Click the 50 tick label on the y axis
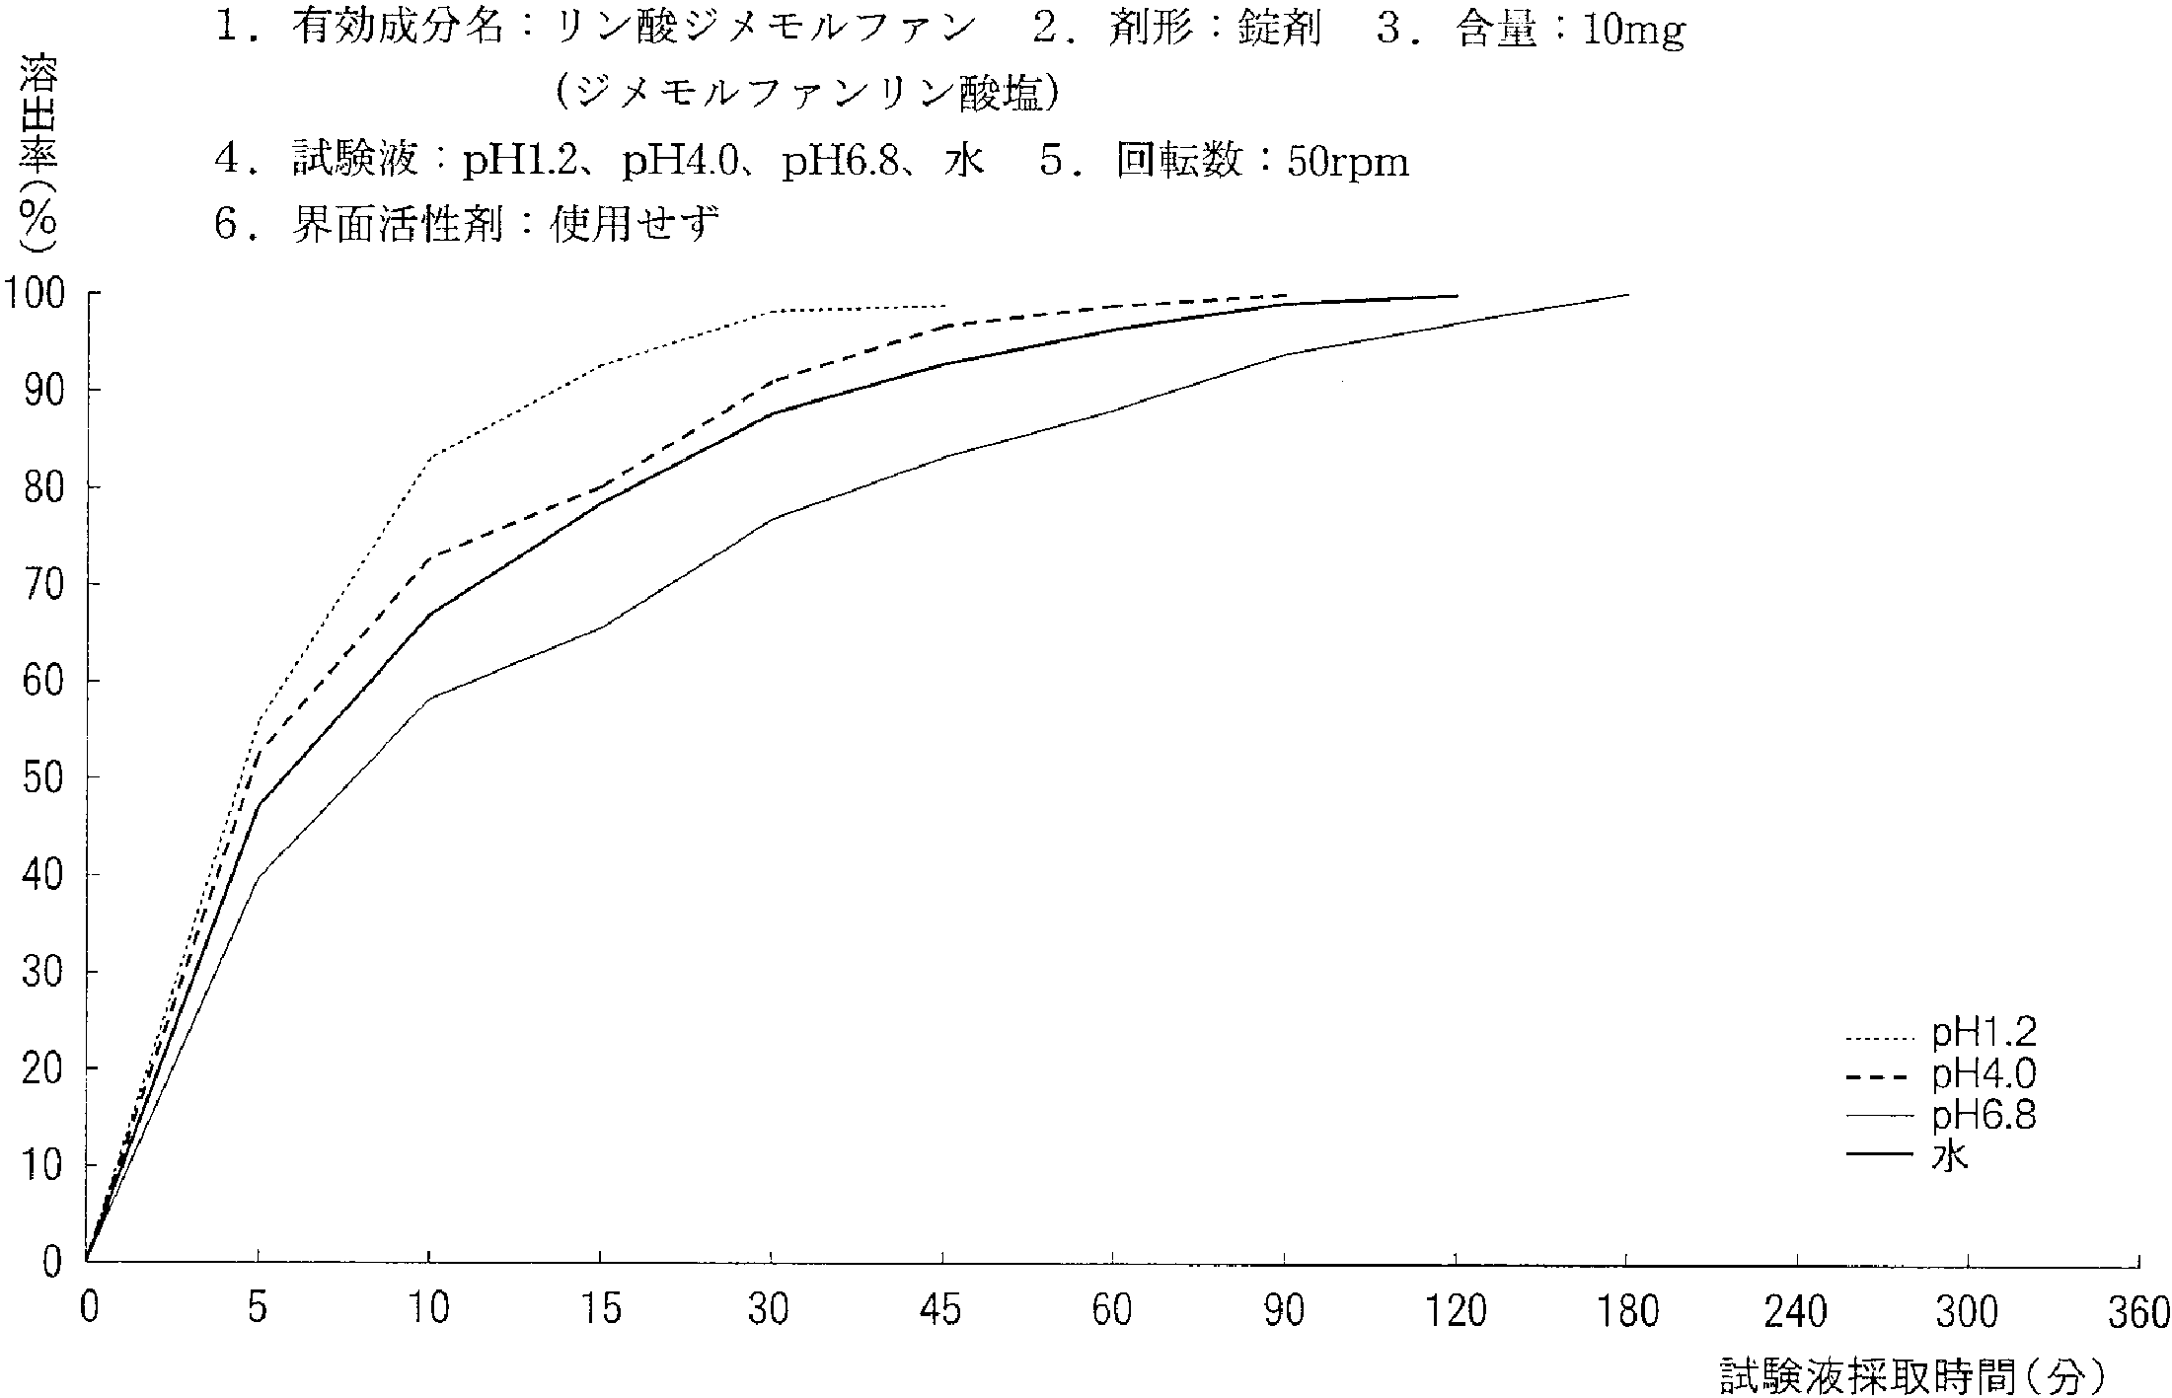[x=43, y=778]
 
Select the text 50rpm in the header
[x=1348, y=162]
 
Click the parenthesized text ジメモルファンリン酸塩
[x=808, y=94]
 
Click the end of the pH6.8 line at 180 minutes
[x=1627, y=294]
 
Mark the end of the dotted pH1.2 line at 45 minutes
[x=944, y=306]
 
